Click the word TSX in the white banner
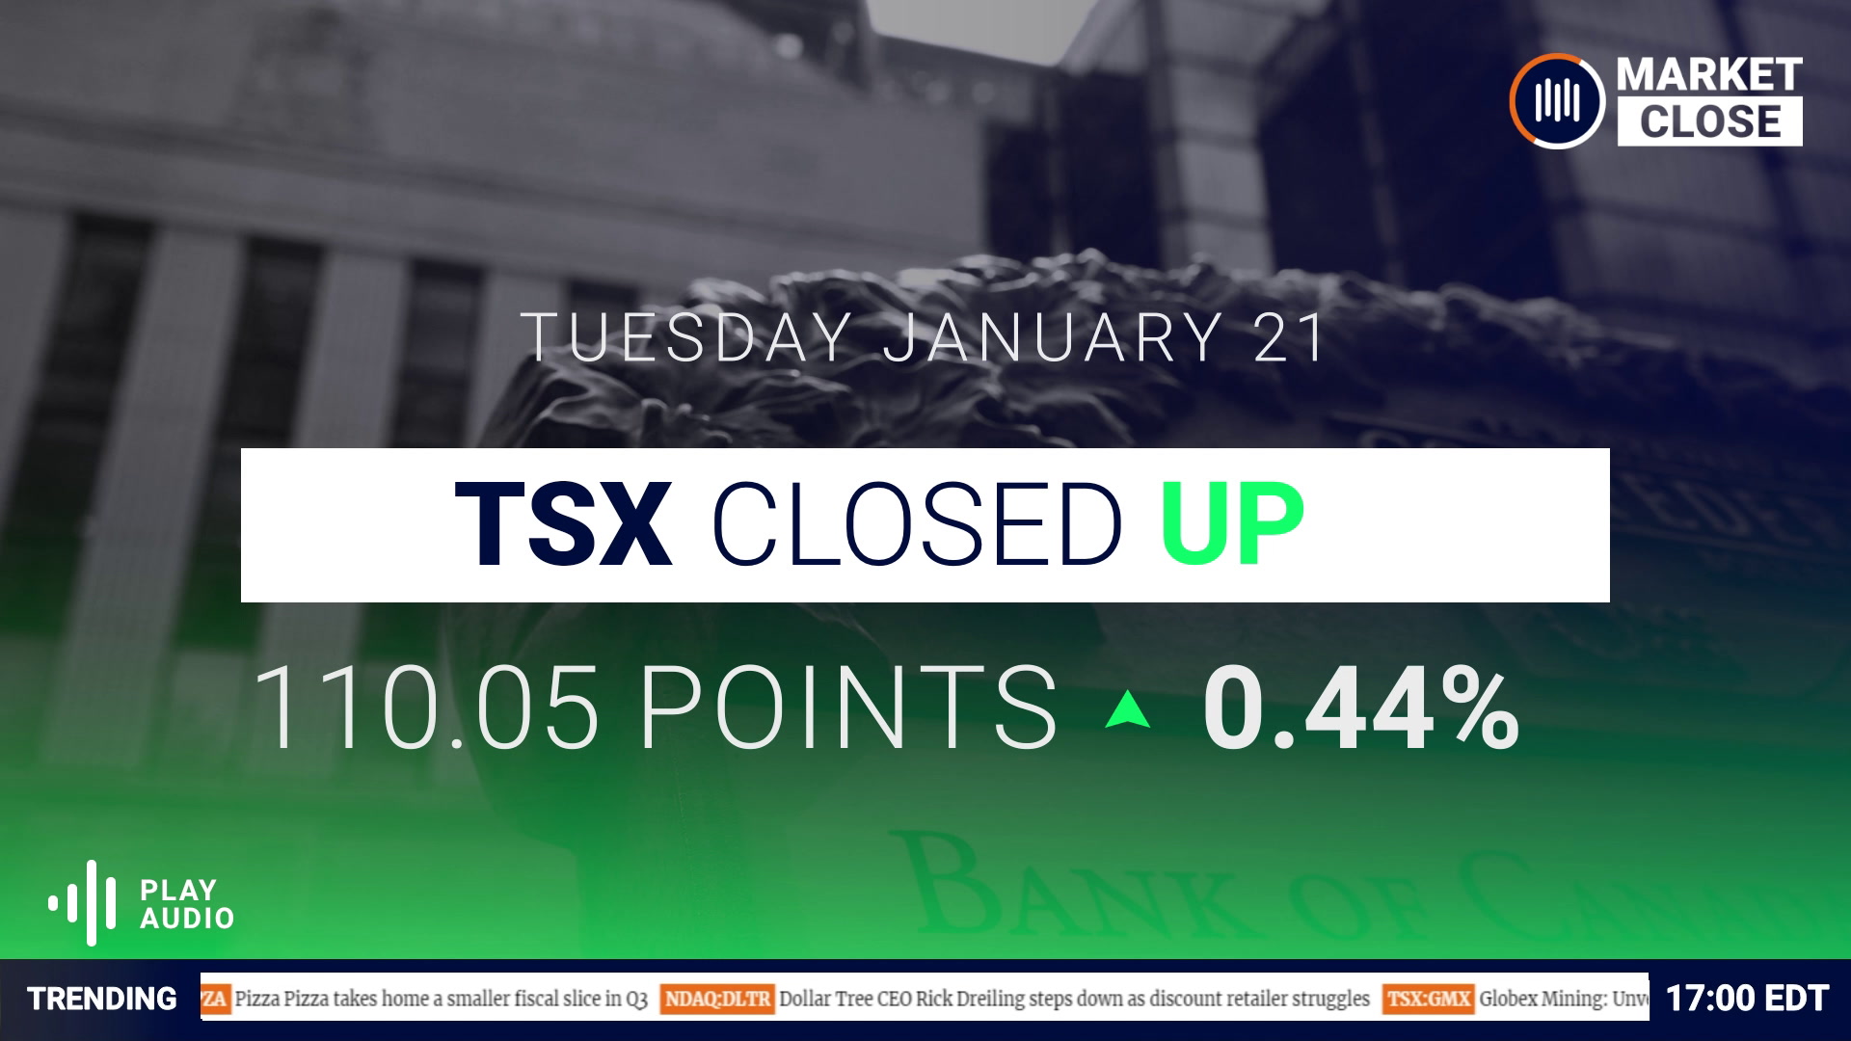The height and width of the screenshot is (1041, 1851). (x=562, y=525)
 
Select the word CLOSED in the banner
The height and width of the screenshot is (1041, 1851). (x=916, y=525)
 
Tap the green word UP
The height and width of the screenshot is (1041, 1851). (x=1232, y=525)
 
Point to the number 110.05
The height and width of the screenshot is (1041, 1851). (x=426, y=709)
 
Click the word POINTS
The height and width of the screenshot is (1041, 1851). (x=848, y=709)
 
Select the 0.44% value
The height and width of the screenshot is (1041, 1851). (x=1360, y=711)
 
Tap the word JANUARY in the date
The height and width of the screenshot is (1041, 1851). (x=1053, y=337)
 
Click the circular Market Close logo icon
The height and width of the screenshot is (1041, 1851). (x=1556, y=100)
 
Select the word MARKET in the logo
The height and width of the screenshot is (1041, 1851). (x=1709, y=75)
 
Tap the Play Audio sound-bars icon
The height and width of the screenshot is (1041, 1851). (x=84, y=903)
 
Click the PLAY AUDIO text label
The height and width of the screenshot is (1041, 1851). (x=187, y=903)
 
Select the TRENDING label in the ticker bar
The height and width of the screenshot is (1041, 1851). (x=102, y=999)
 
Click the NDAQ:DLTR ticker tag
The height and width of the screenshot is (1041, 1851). (x=717, y=999)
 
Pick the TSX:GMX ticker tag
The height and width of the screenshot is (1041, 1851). (x=1428, y=999)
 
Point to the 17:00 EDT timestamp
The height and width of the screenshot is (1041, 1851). (x=1747, y=999)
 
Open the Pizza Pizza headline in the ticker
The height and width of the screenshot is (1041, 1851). (x=441, y=999)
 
